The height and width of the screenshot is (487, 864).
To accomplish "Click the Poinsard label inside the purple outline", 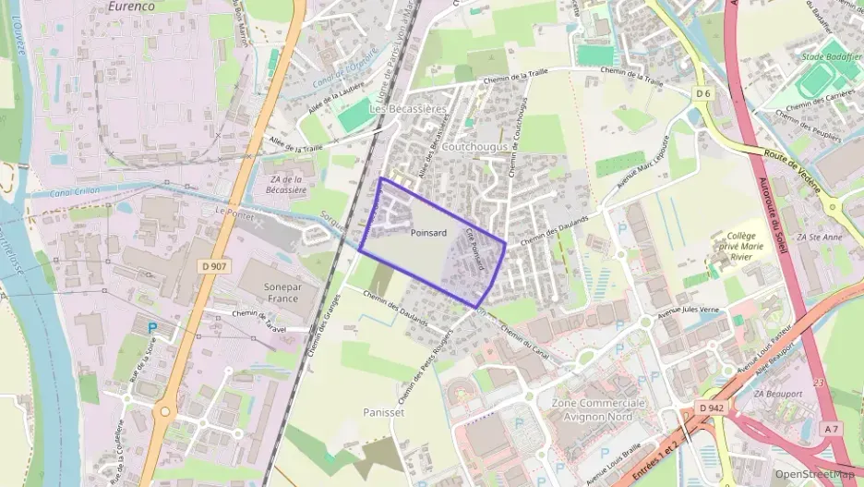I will coord(428,233).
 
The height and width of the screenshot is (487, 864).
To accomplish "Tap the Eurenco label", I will coord(103,6).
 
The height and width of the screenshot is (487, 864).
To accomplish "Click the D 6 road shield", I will coord(704,93).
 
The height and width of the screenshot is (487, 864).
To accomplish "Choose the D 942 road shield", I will coord(711,408).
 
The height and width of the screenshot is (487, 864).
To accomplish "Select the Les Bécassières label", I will coord(408,108).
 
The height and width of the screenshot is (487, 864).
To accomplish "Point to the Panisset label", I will coord(384,412).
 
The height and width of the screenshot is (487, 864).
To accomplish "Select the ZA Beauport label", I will coord(776,394).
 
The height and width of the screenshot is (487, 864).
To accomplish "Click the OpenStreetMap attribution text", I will coord(814,474).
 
